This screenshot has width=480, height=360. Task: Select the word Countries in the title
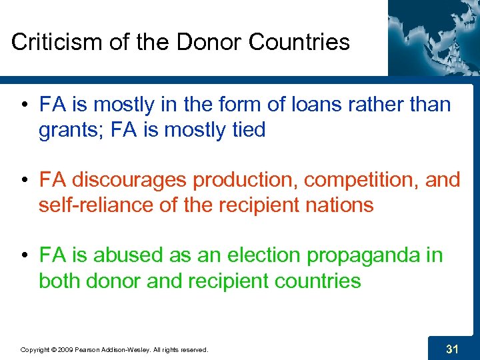point(299,42)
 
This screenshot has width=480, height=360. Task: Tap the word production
point(239,180)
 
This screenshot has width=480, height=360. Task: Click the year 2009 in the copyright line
point(65,349)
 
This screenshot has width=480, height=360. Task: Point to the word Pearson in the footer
point(89,349)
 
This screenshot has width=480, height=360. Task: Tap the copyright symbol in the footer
point(52,349)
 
